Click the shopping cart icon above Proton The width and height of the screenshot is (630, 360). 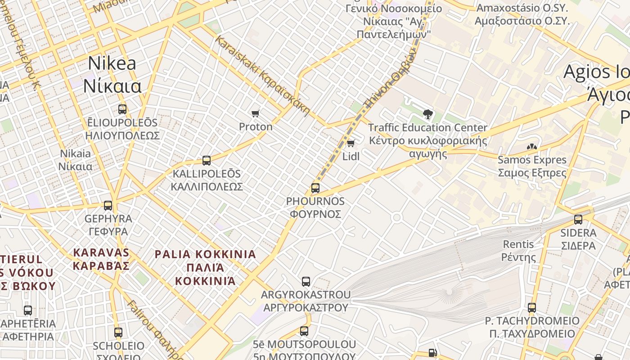click(256, 113)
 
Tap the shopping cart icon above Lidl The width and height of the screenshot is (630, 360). click(351, 143)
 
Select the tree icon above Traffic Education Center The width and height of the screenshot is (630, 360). click(427, 114)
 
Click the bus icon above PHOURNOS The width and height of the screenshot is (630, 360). click(315, 188)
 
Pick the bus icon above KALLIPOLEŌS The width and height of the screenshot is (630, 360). click(207, 160)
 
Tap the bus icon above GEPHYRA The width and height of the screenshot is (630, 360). click(108, 205)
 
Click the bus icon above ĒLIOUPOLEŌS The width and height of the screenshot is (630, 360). click(122, 109)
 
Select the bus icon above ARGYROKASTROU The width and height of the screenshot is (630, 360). click(306, 282)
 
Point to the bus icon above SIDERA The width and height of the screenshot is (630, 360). click(578, 220)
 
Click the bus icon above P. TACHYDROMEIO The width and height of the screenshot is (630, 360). click(532, 308)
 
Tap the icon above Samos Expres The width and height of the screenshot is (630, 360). click(531, 147)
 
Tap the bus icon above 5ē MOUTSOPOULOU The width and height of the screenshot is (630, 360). click(304, 331)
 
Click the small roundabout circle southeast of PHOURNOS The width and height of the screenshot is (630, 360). click(396, 218)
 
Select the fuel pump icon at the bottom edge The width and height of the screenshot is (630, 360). click(432, 353)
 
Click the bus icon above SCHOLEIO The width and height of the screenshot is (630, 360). click(118, 333)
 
